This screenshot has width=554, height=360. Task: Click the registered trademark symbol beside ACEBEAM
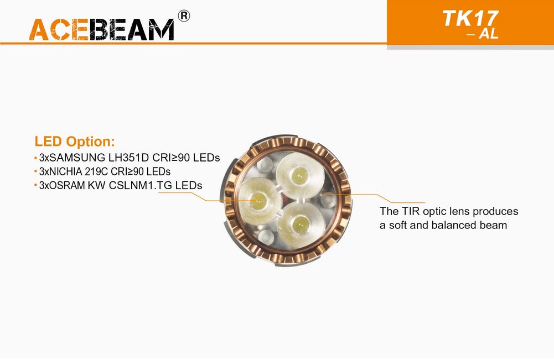tap(184, 16)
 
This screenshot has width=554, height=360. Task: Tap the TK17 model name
tap(470, 18)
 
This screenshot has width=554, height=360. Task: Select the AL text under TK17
tap(489, 34)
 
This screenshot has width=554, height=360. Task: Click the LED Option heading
tap(75, 142)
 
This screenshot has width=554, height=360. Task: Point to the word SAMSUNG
tap(77, 158)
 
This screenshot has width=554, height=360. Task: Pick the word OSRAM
tap(67, 185)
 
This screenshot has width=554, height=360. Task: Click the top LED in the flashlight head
tap(299, 174)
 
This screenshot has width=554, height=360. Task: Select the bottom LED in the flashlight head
tap(301, 223)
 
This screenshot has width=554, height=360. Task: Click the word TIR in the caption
tap(411, 211)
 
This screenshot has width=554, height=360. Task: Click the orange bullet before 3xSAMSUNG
tap(35, 158)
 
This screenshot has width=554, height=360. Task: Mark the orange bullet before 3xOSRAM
tap(35, 186)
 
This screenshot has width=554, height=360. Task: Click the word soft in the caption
tap(398, 225)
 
